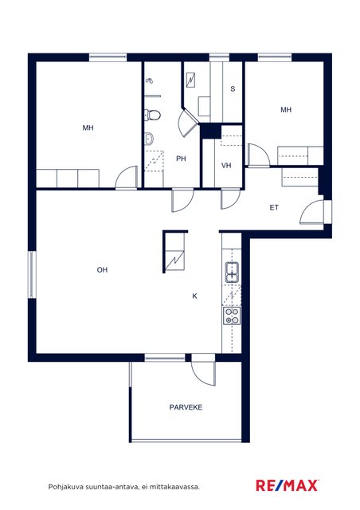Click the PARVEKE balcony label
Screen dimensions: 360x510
186,407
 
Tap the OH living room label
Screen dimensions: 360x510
102,269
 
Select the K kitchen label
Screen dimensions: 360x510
194,296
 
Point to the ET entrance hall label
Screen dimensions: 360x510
274,207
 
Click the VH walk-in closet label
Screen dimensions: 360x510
226,165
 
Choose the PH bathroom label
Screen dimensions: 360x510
181,159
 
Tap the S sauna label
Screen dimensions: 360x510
233,88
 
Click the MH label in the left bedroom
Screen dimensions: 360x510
88,127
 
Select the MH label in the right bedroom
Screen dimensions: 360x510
286,110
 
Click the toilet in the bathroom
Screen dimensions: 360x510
152,115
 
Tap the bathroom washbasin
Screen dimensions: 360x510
149,139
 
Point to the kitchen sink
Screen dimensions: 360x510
232,273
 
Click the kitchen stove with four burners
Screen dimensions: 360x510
232,316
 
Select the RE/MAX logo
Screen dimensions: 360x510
288,485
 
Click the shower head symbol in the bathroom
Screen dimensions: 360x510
149,80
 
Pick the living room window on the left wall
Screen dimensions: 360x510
32,274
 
